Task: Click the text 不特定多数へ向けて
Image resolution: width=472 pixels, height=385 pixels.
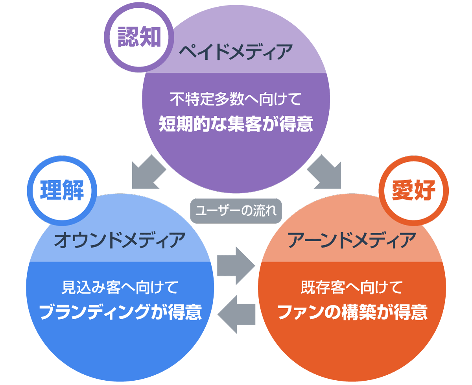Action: [x=236, y=99]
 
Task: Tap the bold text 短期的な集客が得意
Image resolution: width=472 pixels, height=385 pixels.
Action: [x=236, y=124]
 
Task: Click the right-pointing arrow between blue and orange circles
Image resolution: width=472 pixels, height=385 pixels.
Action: [x=235, y=266]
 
